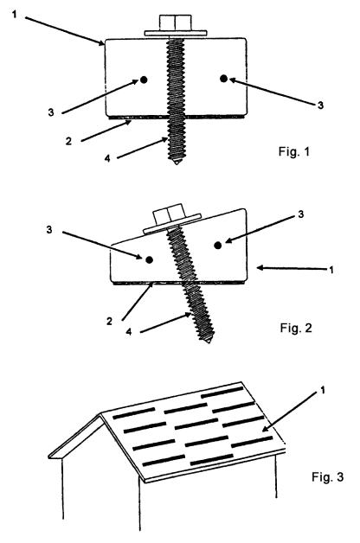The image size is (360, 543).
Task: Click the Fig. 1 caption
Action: point(294,151)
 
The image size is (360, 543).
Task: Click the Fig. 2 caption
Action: point(296,328)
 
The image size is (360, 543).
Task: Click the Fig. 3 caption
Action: point(327,476)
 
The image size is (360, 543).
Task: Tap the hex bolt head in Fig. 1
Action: point(176,22)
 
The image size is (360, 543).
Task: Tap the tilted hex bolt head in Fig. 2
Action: point(167,216)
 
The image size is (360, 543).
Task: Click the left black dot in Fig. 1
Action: point(144,80)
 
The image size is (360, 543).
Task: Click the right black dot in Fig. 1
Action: point(223,79)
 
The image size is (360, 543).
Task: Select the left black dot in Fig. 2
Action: point(150,259)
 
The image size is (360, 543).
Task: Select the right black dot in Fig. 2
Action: point(217,246)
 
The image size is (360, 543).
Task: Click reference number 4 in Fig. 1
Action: point(107,158)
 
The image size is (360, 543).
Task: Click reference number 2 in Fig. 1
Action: point(68,141)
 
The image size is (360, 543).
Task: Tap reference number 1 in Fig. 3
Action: point(323,390)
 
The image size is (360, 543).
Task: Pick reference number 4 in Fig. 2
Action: point(129,332)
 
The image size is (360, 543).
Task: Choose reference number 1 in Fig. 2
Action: point(331,270)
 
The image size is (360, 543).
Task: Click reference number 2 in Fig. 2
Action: point(109,322)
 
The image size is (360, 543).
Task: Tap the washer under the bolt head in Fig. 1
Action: point(176,33)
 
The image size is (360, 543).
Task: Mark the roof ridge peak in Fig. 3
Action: point(101,414)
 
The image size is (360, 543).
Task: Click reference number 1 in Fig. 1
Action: point(14,14)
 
